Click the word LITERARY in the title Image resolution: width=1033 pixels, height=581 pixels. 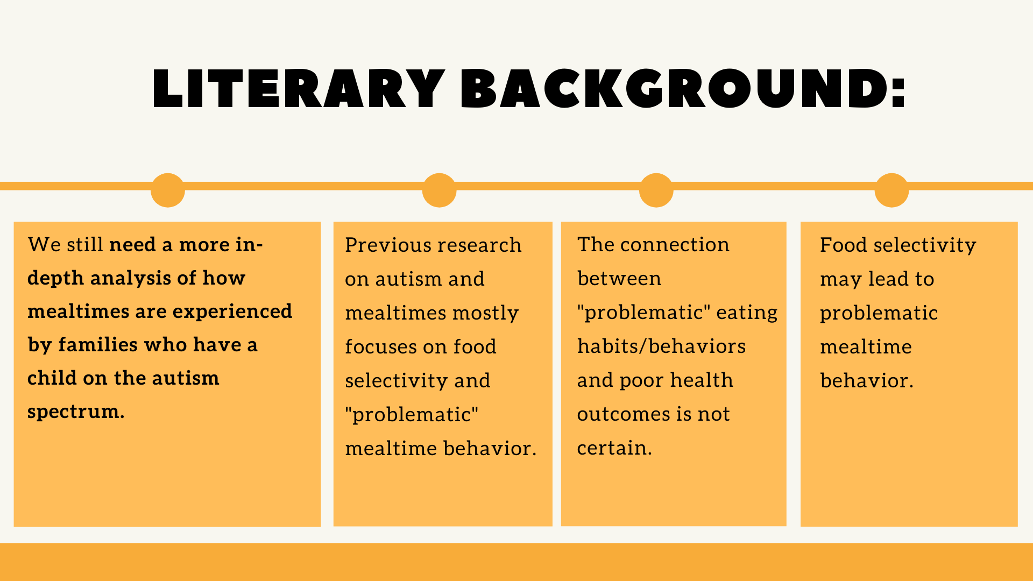coord(299,89)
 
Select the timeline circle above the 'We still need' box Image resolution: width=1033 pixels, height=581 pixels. coord(168,190)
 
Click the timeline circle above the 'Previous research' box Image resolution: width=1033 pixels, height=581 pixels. coord(440,190)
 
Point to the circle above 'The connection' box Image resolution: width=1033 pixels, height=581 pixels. coord(656,190)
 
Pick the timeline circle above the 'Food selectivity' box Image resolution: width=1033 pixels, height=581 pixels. coord(892,190)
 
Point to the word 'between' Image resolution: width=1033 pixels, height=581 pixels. coord(619,279)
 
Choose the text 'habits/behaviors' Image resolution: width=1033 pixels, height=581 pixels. coord(661,346)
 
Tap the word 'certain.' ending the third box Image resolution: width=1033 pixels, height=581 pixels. coord(614,448)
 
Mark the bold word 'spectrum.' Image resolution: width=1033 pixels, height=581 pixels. coord(76,412)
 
